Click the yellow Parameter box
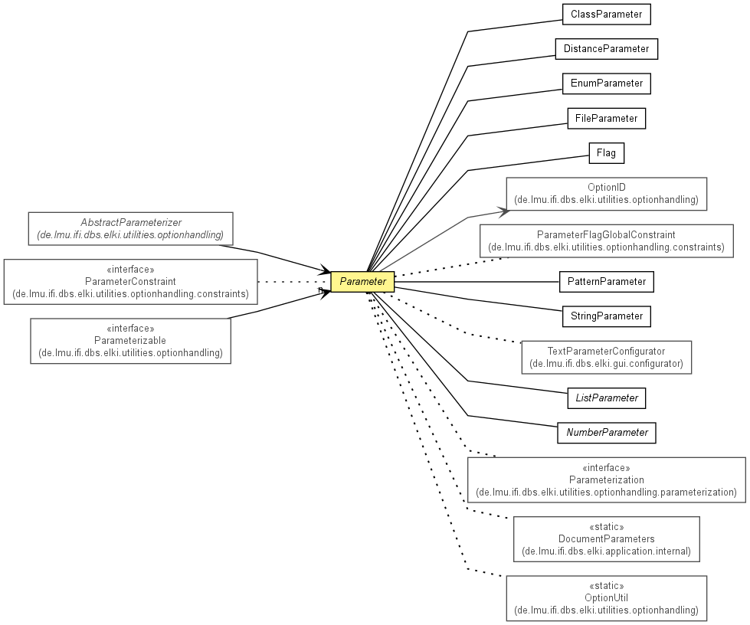click(362, 282)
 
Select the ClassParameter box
click(607, 15)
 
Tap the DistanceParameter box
click(607, 49)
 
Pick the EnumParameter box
click(607, 83)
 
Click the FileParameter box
click(607, 119)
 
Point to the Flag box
click(607, 153)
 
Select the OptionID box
click(607, 194)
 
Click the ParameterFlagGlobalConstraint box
click(607, 241)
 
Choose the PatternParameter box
click(607, 282)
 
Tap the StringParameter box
click(607, 316)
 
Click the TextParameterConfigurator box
click(607, 357)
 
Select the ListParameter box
click(607, 398)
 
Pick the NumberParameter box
click(607, 433)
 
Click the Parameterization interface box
click(607, 480)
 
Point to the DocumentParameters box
click(607, 539)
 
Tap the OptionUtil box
click(607, 598)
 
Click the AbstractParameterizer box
click(130, 228)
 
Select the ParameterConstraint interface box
click(130, 282)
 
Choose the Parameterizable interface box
click(130, 341)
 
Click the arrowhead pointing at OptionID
click(505, 211)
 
